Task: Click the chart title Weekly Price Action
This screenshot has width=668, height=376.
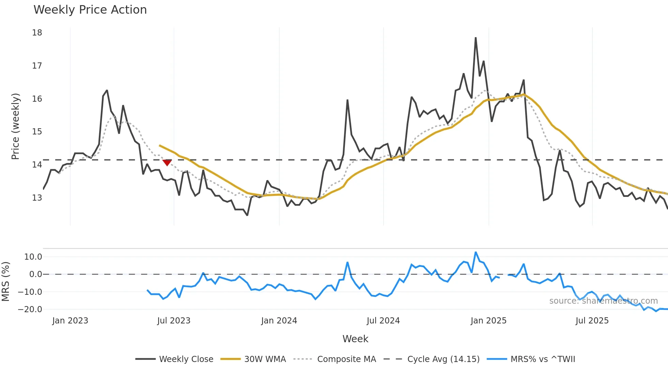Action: tap(90, 10)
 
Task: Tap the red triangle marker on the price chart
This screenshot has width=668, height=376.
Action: tap(167, 163)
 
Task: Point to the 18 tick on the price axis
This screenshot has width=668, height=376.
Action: tap(37, 33)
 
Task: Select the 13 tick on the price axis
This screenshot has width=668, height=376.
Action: tap(37, 198)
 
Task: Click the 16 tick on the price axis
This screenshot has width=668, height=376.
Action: tap(37, 99)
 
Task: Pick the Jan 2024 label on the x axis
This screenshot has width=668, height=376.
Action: tap(279, 321)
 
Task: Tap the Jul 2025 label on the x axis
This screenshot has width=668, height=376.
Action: tap(592, 321)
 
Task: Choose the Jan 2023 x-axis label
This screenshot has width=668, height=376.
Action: tap(70, 321)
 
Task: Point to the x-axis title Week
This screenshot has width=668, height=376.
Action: tap(355, 339)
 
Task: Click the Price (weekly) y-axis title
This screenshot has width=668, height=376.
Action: tap(15, 126)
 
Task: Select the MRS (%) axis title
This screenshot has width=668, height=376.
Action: tap(5, 281)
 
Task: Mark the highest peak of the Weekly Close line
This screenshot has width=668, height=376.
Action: tap(475, 38)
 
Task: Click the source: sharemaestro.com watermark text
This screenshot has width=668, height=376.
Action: tap(603, 301)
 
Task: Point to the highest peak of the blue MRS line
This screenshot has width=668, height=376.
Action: tap(475, 252)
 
